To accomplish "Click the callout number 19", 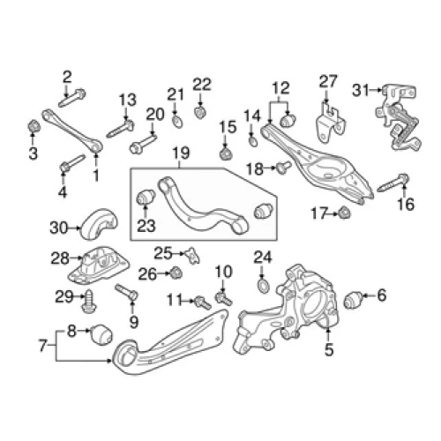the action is (x=181, y=153).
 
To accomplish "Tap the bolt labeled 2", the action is (x=72, y=98).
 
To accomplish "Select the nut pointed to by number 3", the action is (x=34, y=126).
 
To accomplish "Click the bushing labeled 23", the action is (x=146, y=198).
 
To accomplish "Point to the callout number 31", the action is (x=361, y=90).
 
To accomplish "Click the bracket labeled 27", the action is (x=331, y=123).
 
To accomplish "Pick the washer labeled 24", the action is (x=262, y=287).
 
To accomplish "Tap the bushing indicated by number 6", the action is (x=353, y=301).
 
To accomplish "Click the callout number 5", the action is (x=329, y=350).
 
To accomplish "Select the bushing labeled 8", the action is (x=101, y=334).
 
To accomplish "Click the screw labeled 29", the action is (x=88, y=302).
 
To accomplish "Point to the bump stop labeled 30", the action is (x=99, y=224).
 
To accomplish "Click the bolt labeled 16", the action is (x=392, y=183).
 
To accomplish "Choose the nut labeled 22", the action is (x=200, y=112).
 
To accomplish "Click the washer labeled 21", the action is (x=177, y=122).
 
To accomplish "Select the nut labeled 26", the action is (x=176, y=273).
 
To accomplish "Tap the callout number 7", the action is (x=42, y=346).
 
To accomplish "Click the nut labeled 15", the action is (x=226, y=153).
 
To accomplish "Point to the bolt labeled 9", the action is (x=126, y=292).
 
